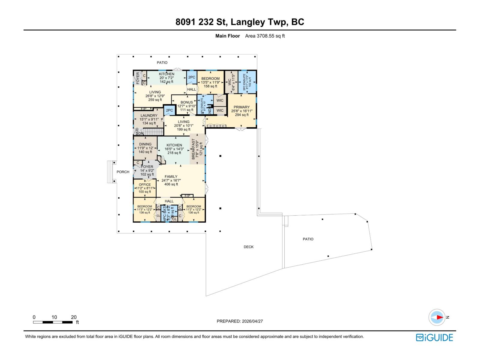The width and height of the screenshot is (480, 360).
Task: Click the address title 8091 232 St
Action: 240,22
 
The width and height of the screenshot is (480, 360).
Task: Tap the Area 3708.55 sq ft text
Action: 265,36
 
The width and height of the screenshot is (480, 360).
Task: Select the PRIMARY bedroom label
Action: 241,107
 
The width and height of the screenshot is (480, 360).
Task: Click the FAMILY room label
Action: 171,177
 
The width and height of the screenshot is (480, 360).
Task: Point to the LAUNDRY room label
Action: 149,115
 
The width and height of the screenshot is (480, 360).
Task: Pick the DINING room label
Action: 145,144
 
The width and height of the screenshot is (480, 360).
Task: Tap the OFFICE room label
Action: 145,185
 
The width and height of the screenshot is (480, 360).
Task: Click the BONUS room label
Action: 187,102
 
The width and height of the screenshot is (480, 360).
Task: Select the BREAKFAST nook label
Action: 193,148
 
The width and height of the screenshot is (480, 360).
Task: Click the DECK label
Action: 248,247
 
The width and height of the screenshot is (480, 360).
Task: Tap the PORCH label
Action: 123,172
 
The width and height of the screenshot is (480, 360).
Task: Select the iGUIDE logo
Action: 434,337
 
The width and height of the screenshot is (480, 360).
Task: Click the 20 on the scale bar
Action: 73,317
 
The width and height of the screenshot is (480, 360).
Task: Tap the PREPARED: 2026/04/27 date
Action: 240,321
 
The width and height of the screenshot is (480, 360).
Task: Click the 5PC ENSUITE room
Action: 247,82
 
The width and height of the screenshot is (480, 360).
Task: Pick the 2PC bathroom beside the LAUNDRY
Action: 169,110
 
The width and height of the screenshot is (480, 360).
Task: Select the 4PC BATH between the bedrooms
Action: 165,213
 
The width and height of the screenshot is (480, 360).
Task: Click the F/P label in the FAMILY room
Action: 187,196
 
